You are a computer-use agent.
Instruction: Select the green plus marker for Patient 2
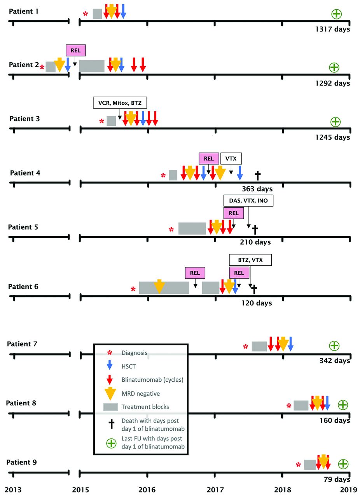pyautogui.click(x=334, y=67)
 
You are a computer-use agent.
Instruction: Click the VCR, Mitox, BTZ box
pyautogui.click(x=120, y=103)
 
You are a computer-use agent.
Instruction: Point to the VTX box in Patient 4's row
pyautogui.click(x=231, y=159)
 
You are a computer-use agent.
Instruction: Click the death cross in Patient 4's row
pyautogui.click(x=257, y=175)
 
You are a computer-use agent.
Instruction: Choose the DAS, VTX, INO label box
pyautogui.click(x=248, y=200)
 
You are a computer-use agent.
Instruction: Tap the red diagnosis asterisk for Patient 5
pyautogui.click(x=171, y=230)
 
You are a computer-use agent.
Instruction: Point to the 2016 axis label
pyautogui.click(x=147, y=488)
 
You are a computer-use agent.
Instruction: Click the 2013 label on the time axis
pyautogui.click(x=13, y=488)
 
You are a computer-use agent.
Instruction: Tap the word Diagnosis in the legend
pyautogui.click(x=135, y=353)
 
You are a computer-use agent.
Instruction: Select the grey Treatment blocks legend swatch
pyautogui.click(x=110, y=407)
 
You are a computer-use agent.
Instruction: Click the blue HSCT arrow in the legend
pyautogui.click(x=110, y=365)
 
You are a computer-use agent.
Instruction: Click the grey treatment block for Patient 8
pyautogui.click(x=301, y=405)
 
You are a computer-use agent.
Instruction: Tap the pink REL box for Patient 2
pyautogui.click(x=75, y=51)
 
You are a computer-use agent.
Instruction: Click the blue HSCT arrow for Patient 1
pyautogui.click(x=123, y=11)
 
